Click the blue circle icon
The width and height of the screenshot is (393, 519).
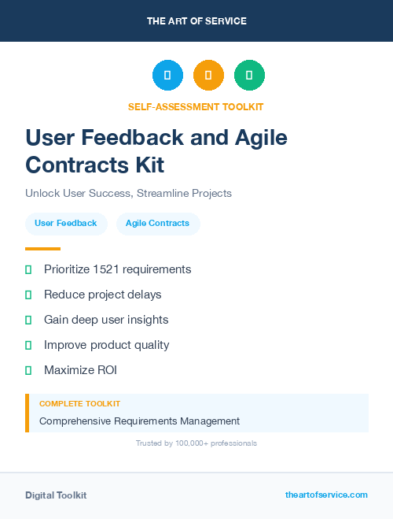point(167,76)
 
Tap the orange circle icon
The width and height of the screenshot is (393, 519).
point(208,76)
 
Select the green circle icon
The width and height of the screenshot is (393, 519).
point(249,76)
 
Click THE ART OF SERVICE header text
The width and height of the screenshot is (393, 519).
point(196,20)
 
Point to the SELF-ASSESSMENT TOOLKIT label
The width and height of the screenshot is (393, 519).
point(196,106)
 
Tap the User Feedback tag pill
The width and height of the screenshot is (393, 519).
point(66,224)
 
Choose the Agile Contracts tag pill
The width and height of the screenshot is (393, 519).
point(157,224)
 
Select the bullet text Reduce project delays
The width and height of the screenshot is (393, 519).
point(102,295)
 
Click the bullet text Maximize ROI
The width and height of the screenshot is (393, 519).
point(81,370)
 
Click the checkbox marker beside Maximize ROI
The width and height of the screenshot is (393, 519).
point(28,370)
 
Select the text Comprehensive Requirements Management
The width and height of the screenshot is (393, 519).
point(139,421)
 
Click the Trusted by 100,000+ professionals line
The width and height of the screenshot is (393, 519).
point(196,443)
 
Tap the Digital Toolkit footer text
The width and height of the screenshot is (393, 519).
point(56,495)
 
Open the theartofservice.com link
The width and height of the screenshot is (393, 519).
point(326,495)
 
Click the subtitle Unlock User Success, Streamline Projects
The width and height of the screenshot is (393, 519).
point(128,193)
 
